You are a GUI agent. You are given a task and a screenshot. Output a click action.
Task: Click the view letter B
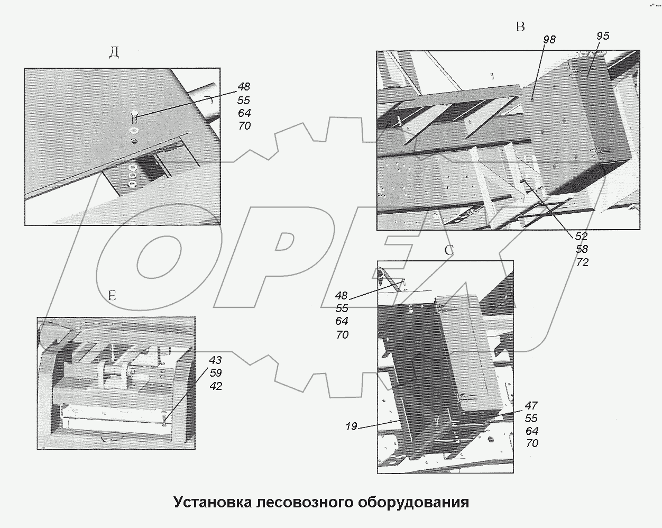[520, 27]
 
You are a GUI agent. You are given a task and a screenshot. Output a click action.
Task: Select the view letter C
[449, 250]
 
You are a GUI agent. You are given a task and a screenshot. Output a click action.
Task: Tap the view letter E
[112, 296]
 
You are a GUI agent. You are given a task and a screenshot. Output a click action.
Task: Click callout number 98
[549, 40]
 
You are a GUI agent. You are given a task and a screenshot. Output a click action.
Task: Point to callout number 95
[602, 36]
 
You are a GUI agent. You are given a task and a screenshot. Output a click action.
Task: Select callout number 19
[352, 426]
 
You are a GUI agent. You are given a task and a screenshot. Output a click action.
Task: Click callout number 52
[581, 236]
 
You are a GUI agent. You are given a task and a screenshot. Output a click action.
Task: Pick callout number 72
[582, 262]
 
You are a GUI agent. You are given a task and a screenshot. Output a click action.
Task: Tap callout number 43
[215, 360]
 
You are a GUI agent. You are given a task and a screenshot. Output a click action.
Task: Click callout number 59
[215, 373]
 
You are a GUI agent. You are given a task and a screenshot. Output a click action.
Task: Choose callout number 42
[215, 386]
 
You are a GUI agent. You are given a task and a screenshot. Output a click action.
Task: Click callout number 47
[531, 406]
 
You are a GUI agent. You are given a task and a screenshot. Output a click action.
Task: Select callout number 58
[582, 249]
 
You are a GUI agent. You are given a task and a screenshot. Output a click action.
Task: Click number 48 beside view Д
[244, 87]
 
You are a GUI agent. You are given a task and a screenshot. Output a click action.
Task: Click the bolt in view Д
[134, 114]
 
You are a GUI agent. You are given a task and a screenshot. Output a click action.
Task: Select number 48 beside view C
[342, 295]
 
